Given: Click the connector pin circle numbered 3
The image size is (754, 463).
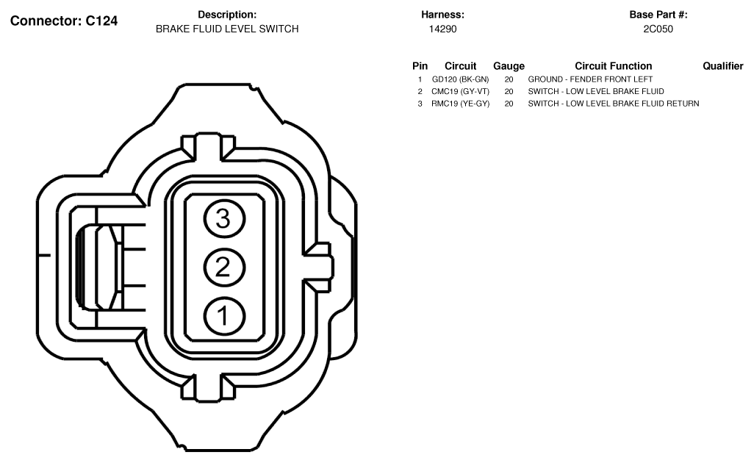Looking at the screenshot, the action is coord(225,219).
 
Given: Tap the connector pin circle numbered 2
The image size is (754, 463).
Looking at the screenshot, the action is coord(225,268).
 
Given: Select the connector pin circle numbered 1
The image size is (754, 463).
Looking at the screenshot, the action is coord(225,316).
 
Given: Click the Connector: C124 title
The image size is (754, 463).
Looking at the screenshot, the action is coord(64,21).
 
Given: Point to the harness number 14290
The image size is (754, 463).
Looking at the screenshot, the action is coord(442,29).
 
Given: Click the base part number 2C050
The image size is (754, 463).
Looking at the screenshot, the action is coord(658,29).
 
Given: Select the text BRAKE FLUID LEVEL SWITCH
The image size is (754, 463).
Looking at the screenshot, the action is coord(227,29).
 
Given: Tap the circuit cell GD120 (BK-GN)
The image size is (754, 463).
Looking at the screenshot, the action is coord(460,79).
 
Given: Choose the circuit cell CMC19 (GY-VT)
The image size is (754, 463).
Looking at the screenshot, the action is coord(460,91).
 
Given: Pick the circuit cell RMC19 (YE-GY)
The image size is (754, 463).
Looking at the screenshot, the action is coord(460,104).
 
